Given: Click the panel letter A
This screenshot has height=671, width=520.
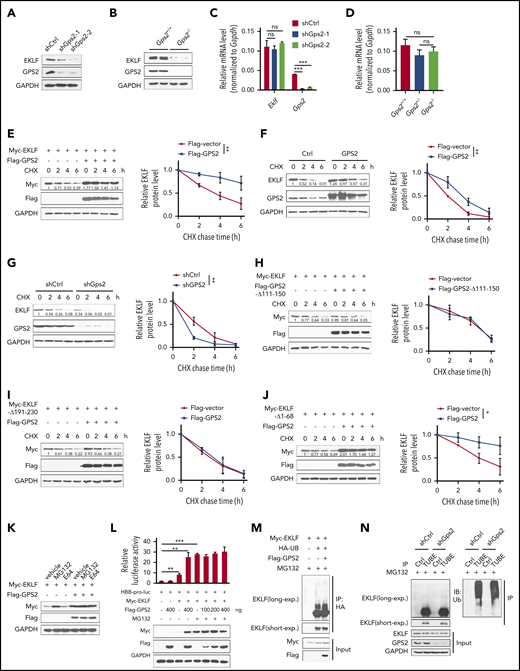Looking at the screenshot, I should click(x=7, y=8).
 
